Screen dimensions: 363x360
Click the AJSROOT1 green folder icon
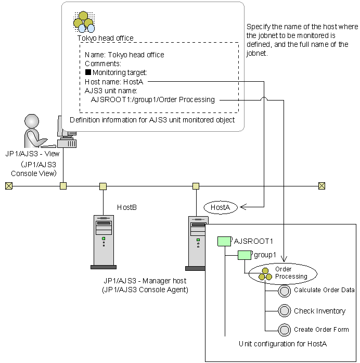tap(224, 241)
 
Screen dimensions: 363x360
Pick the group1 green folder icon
tap(245, 255)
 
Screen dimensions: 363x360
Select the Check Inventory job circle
tap(284, 310)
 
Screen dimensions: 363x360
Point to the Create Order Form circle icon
tap(284, 330)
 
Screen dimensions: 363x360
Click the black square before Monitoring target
tap(88, 72)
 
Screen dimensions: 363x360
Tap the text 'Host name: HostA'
tap(113, 81)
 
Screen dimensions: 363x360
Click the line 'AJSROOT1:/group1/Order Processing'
tap(152, 99)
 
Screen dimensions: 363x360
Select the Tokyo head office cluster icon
tap(84, 21)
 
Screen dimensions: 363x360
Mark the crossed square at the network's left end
tap(8, 185)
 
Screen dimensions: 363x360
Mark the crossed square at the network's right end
tap(322, 185)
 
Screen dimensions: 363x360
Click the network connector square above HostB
tap(103, 185)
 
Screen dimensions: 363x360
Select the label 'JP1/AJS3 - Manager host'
tap(144, 281)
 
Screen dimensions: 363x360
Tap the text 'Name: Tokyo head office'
tap(124, 55)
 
